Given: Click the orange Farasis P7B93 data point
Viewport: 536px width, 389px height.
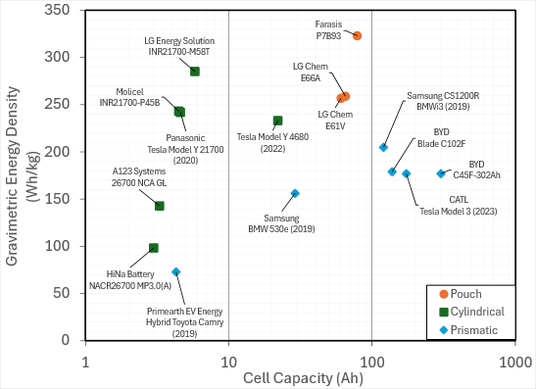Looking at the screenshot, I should (358, 35).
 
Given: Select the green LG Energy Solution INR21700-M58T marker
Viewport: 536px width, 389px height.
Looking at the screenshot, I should (195, 72).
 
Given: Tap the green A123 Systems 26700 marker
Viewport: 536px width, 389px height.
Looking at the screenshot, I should (160, 206).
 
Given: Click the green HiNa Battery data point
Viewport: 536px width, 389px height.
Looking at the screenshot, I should (154, 248).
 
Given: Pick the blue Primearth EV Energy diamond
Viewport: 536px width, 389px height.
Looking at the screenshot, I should (176, 272).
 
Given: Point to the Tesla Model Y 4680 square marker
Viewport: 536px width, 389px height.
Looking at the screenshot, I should (277, 121).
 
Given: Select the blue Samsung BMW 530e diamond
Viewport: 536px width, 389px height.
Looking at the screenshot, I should (295, 193).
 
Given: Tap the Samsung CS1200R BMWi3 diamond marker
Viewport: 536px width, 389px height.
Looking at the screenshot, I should (384, 147).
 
